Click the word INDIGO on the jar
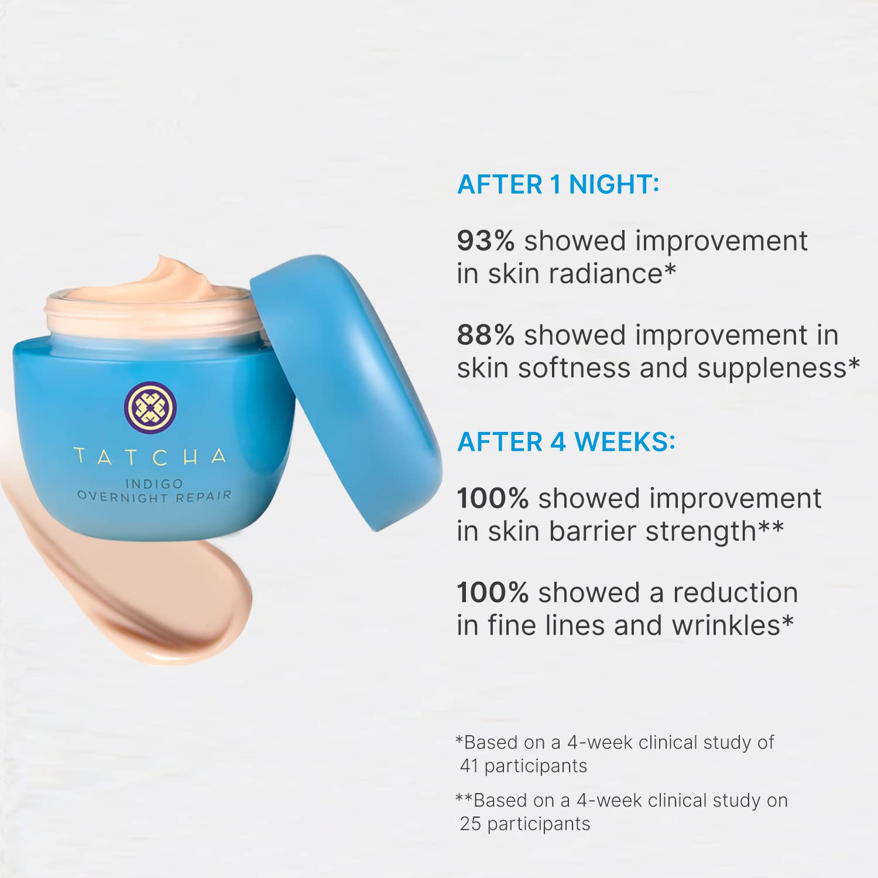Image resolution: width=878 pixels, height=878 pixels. pyautogui.click(x=154, y=483)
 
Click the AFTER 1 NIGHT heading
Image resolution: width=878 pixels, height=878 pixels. pyautogui.click(x=558, y=184)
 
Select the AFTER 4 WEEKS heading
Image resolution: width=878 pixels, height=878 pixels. pyautogui.click(x=566, y=442)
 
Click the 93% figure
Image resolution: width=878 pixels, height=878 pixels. pyautogui.click(x=486, y=241)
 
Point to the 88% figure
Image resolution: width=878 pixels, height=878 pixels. pyautogui.click(x=486, y=335)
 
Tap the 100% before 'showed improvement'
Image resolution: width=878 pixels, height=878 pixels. pyautogui.click(x=493, y=498)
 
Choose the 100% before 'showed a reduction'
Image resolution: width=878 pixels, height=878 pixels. pyautogui.click(x=493, y=592)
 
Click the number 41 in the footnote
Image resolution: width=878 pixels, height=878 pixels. pyautogui.click(x=469, y=766)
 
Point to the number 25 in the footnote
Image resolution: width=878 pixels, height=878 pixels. pyautogui.click(x=471, y=824)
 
